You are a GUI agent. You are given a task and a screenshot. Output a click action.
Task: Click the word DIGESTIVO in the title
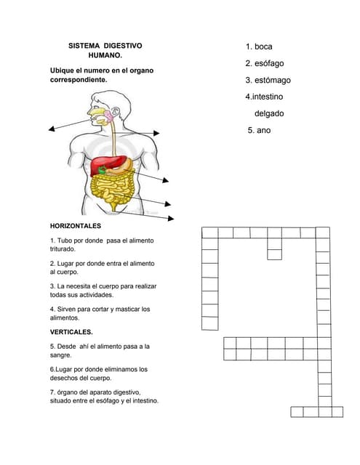(123, 46)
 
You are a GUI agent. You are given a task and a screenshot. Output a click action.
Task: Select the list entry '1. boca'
(259, 46)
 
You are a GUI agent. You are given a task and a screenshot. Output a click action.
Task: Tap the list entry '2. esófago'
(265, 63)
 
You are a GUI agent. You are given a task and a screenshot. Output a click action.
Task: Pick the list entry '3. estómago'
(268, 81)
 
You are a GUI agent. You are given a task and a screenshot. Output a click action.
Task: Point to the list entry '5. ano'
(259, 130)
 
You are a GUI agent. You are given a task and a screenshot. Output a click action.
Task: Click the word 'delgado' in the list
(269, 113)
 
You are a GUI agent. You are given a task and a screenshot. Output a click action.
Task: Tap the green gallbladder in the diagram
(103, 170)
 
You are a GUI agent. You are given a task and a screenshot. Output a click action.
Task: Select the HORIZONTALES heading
(76, 226)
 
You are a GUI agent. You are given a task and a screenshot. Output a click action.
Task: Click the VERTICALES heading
(71, 332)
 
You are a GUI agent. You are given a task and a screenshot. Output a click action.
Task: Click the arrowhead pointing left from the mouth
(52, 129)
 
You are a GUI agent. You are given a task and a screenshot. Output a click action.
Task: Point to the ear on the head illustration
(115, 112)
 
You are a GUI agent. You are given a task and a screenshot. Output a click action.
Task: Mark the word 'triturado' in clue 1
(63, 249)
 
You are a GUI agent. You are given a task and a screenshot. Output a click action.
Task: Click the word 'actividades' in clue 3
(97, 295)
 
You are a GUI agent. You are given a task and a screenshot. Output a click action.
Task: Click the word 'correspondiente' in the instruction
(79, 80)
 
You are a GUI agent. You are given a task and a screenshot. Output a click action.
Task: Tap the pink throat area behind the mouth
(108, 116)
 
